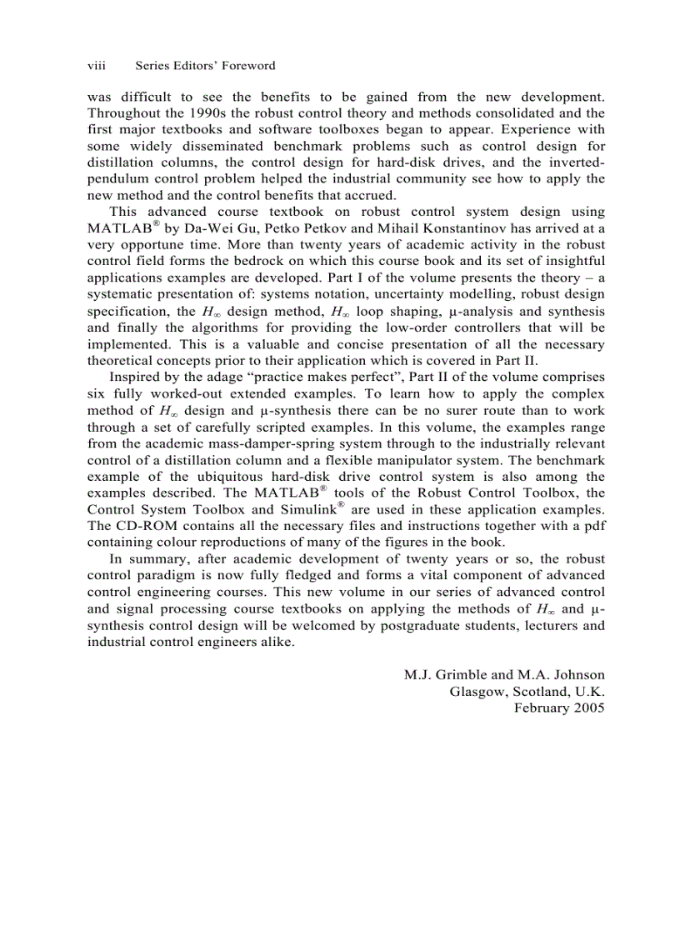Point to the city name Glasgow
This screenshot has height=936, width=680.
click(x=477, y=691)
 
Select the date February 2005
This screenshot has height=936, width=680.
click(x=559, y=708)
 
